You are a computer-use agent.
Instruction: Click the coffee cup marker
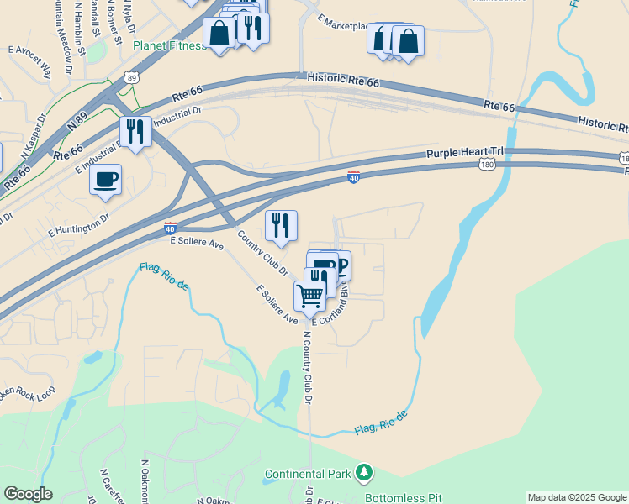tap(105, 181)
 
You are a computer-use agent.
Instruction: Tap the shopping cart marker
tap(309, 296)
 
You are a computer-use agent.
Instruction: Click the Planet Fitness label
tap(169, 45)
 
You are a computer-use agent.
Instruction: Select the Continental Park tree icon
tap(363, 474)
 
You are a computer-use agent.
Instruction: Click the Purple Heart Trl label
tap(464, 152)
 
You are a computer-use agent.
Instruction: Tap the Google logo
tap(28, 494)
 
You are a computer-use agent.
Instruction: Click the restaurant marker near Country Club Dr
tap(281, 226)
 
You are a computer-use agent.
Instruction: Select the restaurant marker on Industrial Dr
tap(135, 131)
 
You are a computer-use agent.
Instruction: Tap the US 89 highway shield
tap(131, 77)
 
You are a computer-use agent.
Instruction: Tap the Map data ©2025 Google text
tap(578, 497)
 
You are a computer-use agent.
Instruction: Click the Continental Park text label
tap(308, 475)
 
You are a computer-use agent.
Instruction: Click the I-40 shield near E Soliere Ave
tap(170, 228)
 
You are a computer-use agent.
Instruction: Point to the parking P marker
tap(340, 265)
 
